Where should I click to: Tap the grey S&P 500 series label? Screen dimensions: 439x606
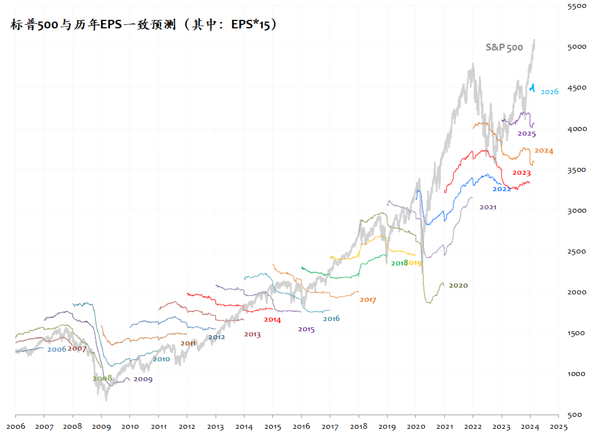point(504,48)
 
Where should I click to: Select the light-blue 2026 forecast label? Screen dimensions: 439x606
point(549,92)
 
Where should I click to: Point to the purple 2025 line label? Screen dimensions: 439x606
point(527,134)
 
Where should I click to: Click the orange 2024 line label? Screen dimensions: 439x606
point(544,151)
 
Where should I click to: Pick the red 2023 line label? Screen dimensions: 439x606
point(521,173)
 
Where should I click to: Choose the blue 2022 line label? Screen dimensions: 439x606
point(502,189)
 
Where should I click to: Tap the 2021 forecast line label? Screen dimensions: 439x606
point(488,208)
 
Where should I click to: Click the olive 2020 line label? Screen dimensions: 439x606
point(458,285)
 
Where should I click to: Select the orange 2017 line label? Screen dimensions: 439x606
point(368,300)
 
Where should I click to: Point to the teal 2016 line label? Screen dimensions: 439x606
point(331,319)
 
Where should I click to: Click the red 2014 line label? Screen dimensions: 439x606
point(272,320)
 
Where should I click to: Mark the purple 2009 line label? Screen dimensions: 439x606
point(143,379)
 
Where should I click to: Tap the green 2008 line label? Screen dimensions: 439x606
point(102,378)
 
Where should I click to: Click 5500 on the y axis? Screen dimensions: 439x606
point(577,6)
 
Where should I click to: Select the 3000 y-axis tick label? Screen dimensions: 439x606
point(577,210)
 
